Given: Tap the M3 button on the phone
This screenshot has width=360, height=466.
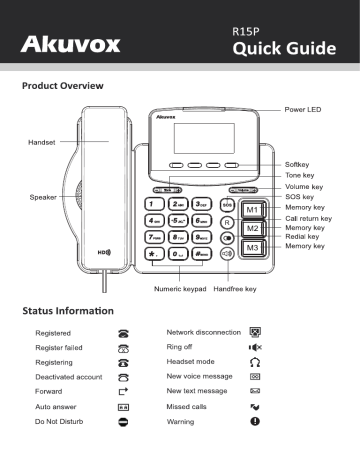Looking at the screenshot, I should [x=253, y=247].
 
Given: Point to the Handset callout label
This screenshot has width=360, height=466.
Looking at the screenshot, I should [x=43, y=143].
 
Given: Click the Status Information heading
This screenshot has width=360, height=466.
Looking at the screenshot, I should [x=70, y=316].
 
